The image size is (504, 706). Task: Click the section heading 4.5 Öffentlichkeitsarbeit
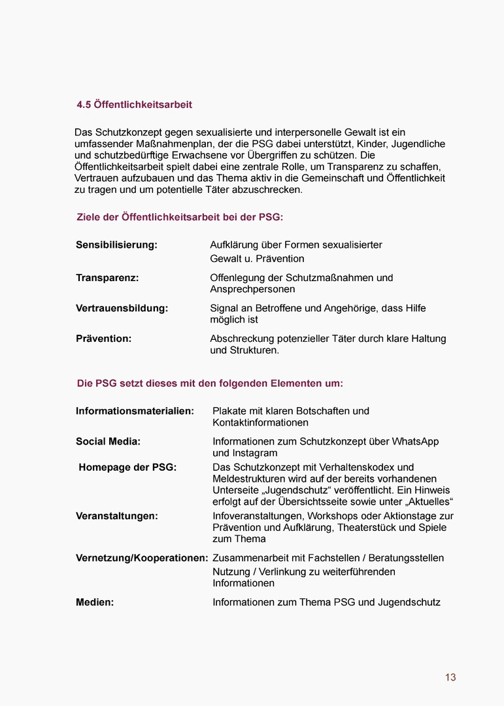point(134,105)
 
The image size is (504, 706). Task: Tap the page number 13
point(450,677)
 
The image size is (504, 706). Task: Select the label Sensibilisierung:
point(116,245)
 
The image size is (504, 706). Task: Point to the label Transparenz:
point(107,278)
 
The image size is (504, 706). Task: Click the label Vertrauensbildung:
point(122,309)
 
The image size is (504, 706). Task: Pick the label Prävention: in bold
point(103,339)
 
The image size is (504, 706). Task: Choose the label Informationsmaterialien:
point(135,411)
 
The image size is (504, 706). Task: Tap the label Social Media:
point(108,442)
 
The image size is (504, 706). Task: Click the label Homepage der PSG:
point(127,467)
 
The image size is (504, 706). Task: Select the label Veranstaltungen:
point(116,516)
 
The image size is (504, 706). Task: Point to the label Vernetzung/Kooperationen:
point(142,558)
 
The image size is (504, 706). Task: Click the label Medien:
point(95,603)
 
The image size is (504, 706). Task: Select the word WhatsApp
point(415,442)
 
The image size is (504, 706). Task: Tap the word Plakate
point(230,411)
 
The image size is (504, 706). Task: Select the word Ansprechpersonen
point(252,289)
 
